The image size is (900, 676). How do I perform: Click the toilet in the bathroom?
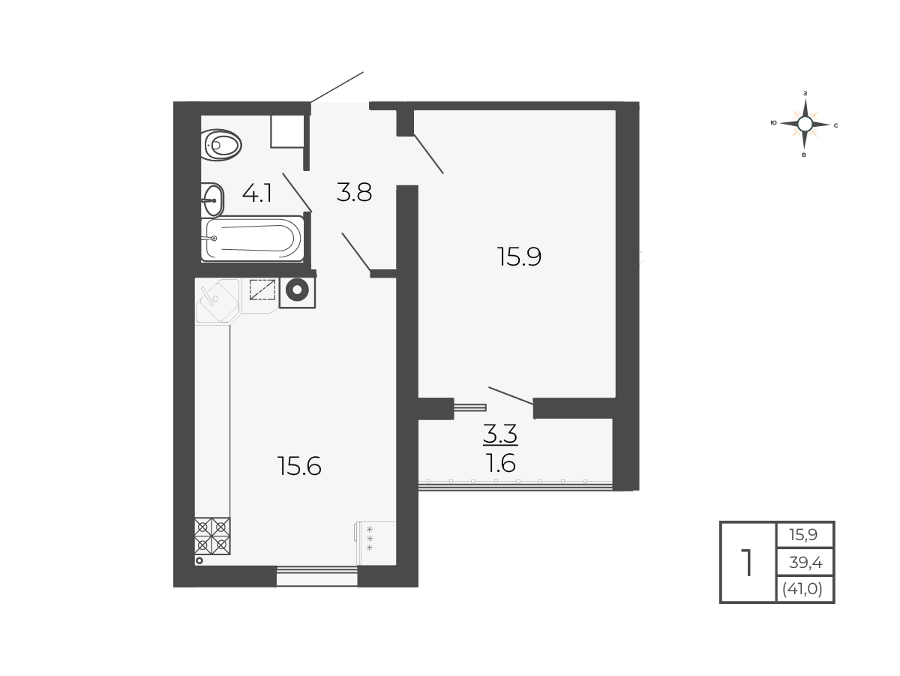(221, 145)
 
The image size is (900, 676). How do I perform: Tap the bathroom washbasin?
(212, 200)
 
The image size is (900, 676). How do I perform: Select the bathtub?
(253, 239)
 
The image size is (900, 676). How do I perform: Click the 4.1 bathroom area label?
(257, 194)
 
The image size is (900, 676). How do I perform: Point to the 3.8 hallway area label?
(354, 192)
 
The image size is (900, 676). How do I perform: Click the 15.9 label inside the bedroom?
(519, 257)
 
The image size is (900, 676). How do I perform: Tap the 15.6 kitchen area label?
(299, 466)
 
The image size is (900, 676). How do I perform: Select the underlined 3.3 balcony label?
(500, 434)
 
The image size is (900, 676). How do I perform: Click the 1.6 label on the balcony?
(500, 464)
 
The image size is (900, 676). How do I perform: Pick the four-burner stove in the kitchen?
(212, 536)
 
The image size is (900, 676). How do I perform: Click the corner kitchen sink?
(217, 301)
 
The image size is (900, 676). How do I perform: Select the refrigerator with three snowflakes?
(375, 543)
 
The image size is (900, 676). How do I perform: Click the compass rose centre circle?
(805, 124)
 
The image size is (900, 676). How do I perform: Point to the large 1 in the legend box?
(748, 563)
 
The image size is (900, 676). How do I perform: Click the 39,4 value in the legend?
(805, 562)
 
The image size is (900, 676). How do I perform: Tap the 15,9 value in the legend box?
(803, 534)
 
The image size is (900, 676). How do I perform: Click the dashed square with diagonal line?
(262, 290)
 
